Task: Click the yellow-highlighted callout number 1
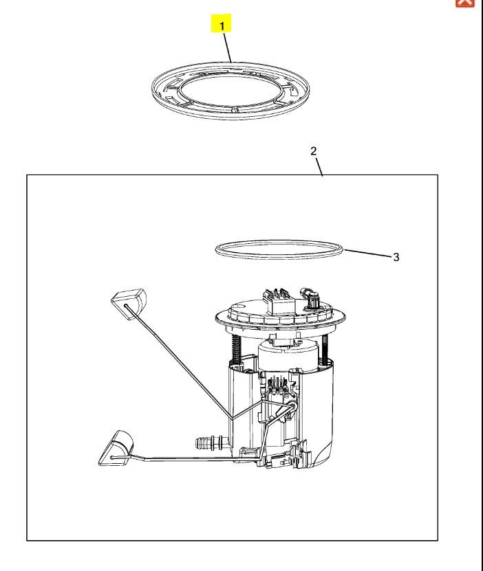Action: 221,23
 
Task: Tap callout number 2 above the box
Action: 314,150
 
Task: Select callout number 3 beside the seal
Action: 396,257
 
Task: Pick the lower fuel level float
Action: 116,448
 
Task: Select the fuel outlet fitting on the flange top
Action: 310,298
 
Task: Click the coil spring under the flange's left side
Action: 237,348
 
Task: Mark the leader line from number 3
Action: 367,253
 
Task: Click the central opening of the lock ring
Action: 230,90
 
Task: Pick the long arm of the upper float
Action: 179,361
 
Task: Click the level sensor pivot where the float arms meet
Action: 292,405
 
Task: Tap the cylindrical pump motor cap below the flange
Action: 289,355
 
